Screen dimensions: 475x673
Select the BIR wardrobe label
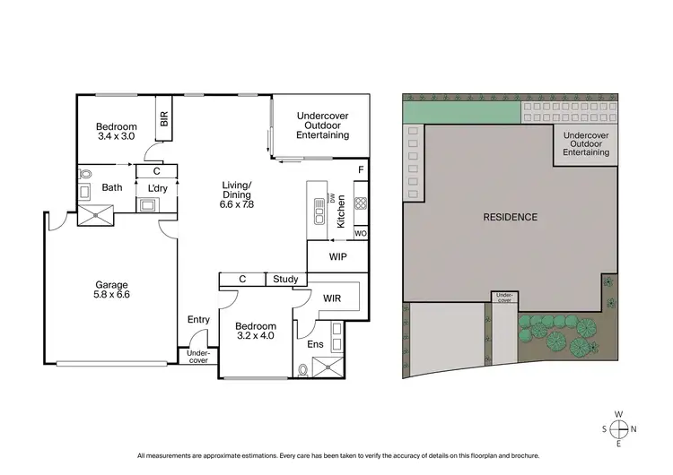[164, 120]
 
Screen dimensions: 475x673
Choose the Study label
[285, 280]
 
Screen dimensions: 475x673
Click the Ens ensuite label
[315, 344]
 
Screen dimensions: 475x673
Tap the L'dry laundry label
[157, 188]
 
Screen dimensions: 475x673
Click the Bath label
[112, 188]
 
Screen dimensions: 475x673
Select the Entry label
[198, 320]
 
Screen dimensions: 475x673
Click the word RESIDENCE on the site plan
[510, 217]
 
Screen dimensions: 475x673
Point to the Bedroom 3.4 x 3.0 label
[117, 132]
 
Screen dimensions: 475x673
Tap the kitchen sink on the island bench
[319, 213]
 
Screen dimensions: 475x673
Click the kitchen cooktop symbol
[360, 204]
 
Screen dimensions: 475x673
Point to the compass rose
[618, 428]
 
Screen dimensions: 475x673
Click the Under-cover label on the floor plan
[197, 357]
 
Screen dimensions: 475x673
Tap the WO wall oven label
[360, 234]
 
